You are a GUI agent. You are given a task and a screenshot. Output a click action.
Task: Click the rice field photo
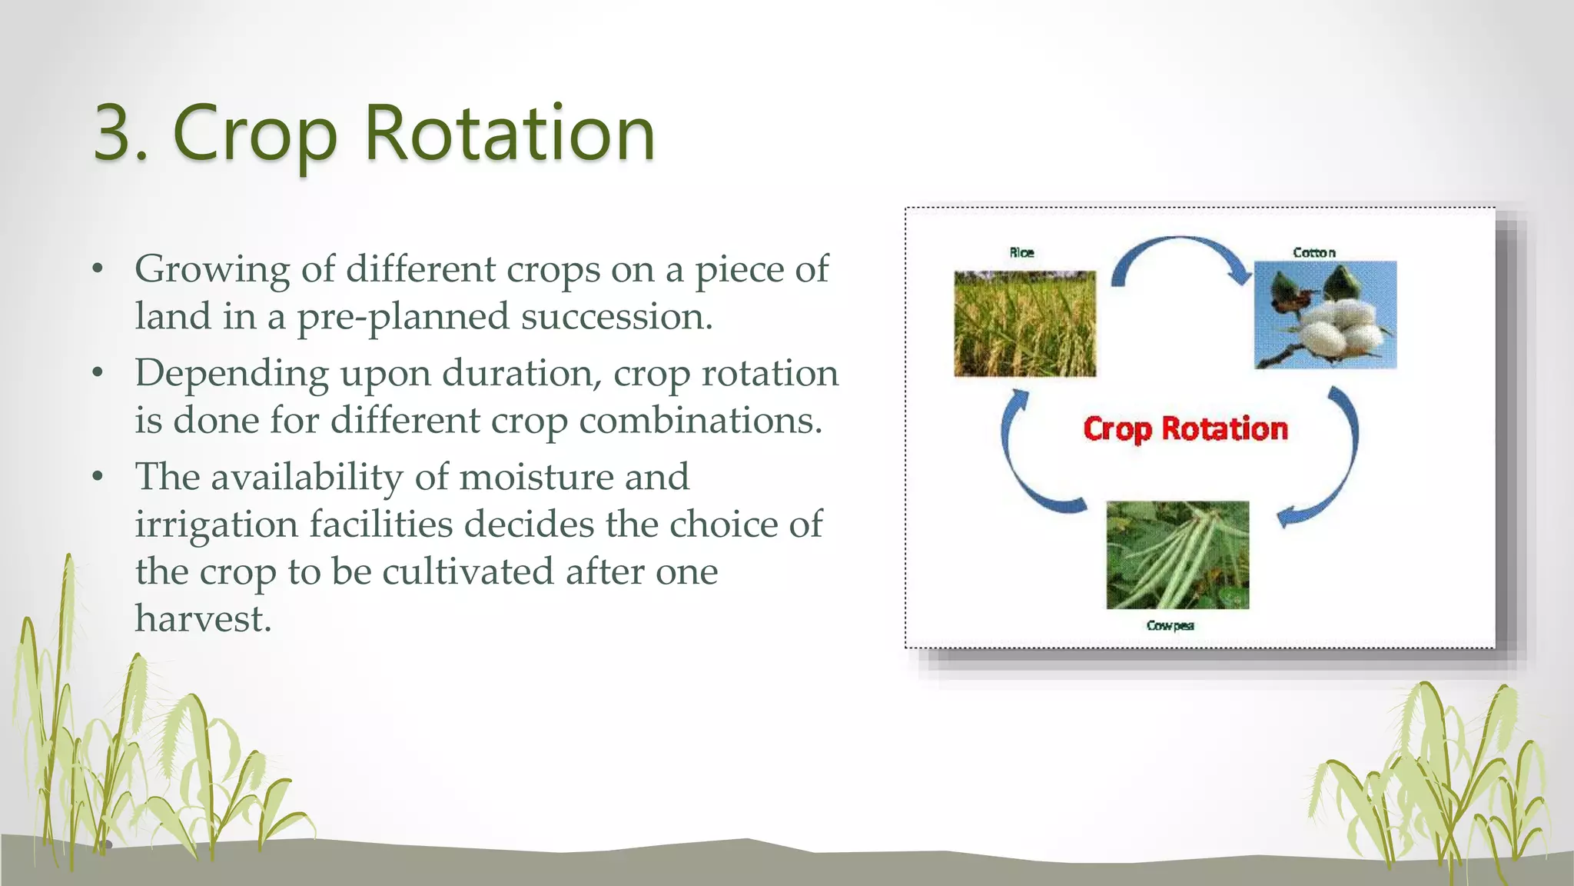1024,323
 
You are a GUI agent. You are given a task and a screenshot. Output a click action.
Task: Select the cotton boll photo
1325,315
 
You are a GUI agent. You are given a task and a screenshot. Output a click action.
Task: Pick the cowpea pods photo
1177,555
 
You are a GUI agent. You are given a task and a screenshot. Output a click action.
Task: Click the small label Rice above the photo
1021,252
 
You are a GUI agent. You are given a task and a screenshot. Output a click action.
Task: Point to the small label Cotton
1313,252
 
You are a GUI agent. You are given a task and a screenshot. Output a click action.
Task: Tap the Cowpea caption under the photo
1170,625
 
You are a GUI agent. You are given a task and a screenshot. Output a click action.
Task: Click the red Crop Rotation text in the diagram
1185,428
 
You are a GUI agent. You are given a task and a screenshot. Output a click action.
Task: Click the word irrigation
216,525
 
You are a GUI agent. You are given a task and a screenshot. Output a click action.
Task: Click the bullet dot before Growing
97,269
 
